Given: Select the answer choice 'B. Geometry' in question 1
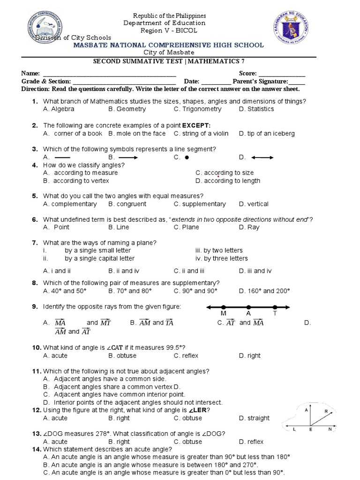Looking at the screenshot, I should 127,109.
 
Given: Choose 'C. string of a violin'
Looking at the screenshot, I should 201,134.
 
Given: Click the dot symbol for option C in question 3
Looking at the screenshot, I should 186,157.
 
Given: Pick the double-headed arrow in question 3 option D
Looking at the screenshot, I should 262,157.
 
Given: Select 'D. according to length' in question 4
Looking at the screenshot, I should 228,181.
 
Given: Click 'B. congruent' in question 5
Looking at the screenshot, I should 127,204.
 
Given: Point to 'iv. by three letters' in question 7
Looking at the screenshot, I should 222,259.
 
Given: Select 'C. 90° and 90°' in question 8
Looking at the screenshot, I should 195,291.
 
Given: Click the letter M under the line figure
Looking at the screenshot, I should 223,313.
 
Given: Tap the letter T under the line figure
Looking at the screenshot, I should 275,313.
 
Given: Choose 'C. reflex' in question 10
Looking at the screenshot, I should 184,356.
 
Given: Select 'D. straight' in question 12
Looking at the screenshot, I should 254,418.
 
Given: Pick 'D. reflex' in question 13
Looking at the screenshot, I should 251,442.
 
